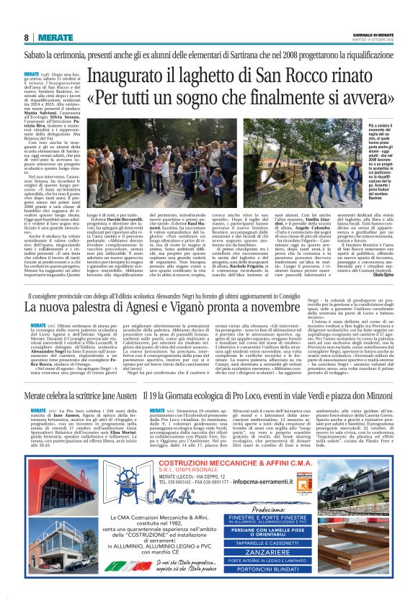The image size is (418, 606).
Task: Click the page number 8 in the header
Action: click(x=26, y=37)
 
